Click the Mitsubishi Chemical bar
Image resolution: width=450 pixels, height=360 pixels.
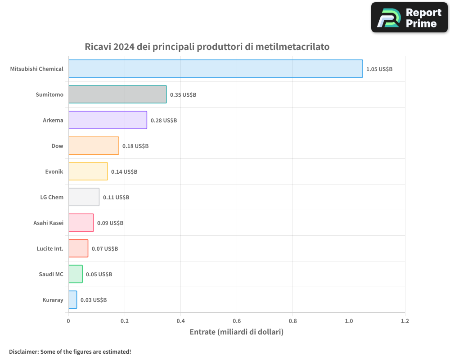pyautogui.click(x=215, y=69)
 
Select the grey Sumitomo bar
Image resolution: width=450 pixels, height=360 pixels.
pyautogui.click(x=117, y=94)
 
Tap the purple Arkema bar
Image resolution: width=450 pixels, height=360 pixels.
pyautogui.click(x=108, y=120)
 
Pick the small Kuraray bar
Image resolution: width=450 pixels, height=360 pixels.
pyautogui.click(x=73, y=300)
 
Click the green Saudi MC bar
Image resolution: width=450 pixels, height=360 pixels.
pyautogui.click(x=76, y=274)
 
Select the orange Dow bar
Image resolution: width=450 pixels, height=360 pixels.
pyautogui.click(x=94, y=146)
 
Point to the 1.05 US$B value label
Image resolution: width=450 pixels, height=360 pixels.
pyautogui.click(x=379, y=69)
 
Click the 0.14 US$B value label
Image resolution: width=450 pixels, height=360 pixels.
pyautogui.click(x=124, y=171)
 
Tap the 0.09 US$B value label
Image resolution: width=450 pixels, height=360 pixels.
pyautogui.click(x=110, y=223)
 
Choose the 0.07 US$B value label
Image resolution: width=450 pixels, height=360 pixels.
pyautogui.click(x=105, y=248)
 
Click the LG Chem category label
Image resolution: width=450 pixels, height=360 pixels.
pyautogui.click(x=52, y=197)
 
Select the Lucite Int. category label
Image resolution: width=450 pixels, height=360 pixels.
pyautogui.click(x=50, y=248)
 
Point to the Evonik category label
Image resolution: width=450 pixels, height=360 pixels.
pyautogui.click(x=54, y=171)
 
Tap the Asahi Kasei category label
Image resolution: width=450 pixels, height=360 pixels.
pyautogui.click(x=48, y=223)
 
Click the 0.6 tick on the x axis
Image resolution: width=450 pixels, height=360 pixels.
pyautogui.click(x=237, y=321)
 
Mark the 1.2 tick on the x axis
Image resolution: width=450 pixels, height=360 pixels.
pyautogui.click(x=405, y=321)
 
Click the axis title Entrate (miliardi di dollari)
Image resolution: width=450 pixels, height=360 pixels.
pyautogui.click(x=237, y=332)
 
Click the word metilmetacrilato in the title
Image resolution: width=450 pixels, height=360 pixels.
pyautogui.click(x=292, y=47)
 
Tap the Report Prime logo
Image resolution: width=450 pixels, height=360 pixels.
pyautogui.click(x=409, y=18)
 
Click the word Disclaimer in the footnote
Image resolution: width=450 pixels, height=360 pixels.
pyautogui.click(x=23, y=351)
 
